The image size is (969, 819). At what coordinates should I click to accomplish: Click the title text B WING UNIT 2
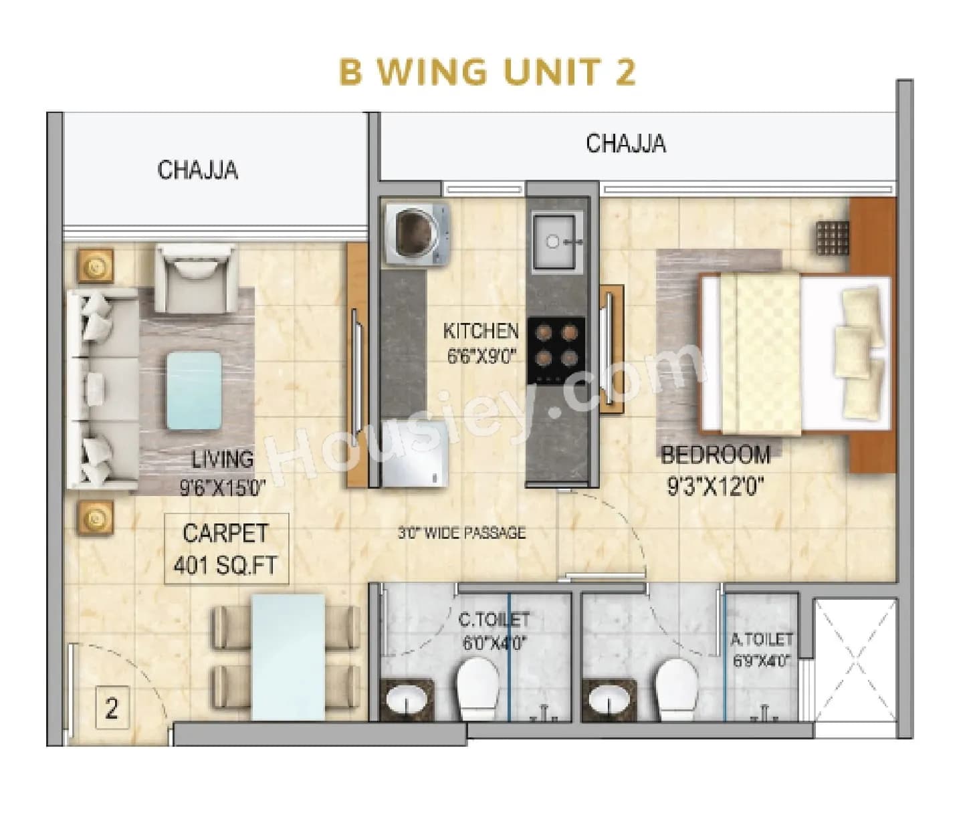pyautogui.click(x=487, y=72)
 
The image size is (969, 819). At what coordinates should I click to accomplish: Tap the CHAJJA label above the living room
pyautogui.click(x=197, y=170)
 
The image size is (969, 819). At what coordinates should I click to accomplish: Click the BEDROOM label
pyautogui.click(x=716, y=455)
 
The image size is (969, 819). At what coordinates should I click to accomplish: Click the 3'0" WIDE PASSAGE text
pyautogui.click(x=461, y=533)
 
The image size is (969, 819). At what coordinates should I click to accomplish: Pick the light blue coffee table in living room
pyautogui.click(x=194, y=390)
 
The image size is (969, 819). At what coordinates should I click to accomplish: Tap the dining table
pyautogui.click(x=288, y=657)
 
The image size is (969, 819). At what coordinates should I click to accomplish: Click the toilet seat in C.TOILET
pyautogui.click(x=478, y=689)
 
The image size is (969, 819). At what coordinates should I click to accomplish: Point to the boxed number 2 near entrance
pyautogui.click(x=112, y=708)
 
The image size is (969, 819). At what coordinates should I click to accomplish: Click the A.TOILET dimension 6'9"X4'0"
pyautogui.click(x=762, y=661)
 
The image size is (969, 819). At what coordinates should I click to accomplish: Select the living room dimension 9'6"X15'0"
pyautogui.click(x=223, y=487)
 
